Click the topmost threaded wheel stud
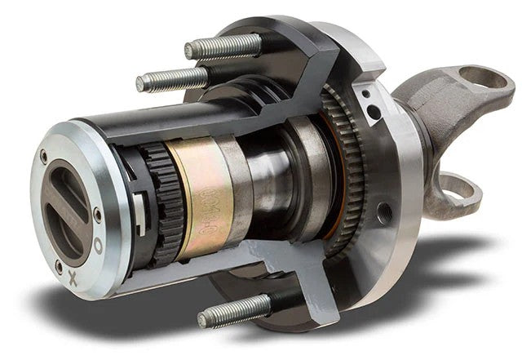224,47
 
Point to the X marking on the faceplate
73,279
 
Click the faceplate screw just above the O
97,216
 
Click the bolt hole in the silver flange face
384,216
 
